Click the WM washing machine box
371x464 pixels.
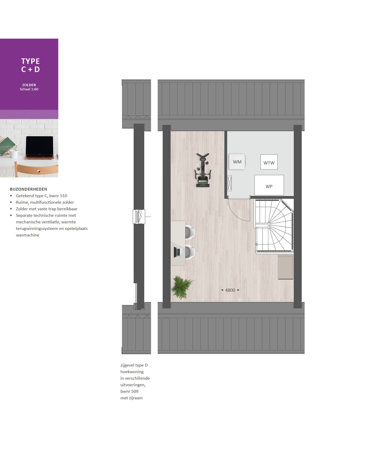pyautogui.click(x=237, y=162)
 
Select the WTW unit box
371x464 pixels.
pyautogui.click(x=269, y=162)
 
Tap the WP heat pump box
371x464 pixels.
pyautogui.click(x=269, y=185)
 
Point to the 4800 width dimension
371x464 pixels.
pyautogui.click(x=230, y=290)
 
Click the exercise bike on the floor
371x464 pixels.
pyautogui.click(x=203, y=171)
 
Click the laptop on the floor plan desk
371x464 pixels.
pyautogui.click(x=178, y=252)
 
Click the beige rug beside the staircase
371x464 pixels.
pyautogui.click(x=285, y=267)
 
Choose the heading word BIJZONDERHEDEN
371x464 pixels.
pyautogui.click(x=29, y=189)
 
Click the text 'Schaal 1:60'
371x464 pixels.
pyautogui.click(x=29, y=89)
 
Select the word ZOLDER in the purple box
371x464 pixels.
pyautogui.click(x=29, y=85)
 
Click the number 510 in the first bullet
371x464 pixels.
pyautogui.click(x=63, y=196)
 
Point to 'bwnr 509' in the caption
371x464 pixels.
pyautogui.click(x=129, y=391)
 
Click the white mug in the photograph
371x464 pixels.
pyautogui.click(x=14, y=154)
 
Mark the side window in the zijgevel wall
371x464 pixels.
pyautogui.click(x=139, y=217)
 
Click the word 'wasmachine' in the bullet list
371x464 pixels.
pyautogui.click(x=27, y=235)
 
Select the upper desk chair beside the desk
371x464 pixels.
pyautogui.click(x=189, y=232)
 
